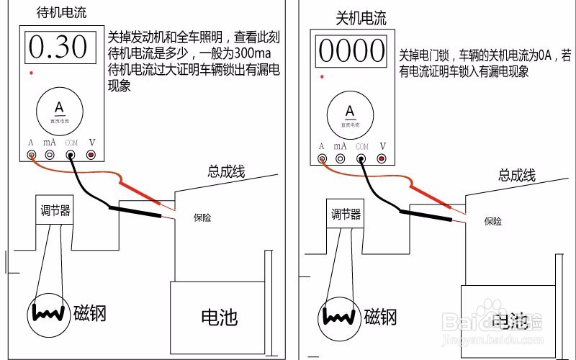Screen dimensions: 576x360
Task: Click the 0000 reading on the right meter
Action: click(352, 51)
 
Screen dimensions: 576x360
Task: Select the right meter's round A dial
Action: click(351, 114)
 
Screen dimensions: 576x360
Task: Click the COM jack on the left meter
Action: click(71, 154)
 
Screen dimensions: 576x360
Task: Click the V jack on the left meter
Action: click(91, 154)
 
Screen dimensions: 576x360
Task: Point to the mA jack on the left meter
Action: click(50, 154)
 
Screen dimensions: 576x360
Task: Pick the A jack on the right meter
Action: click(322, 158)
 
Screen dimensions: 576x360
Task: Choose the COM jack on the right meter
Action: click(361, 158)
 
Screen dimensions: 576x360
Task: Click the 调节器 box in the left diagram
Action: click(55, 211)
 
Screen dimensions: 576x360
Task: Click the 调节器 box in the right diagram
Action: click(346, 215)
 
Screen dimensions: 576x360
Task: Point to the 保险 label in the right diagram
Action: click(493, 221)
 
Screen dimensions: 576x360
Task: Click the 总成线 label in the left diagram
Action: click(227, 171)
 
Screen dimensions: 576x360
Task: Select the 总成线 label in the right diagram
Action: click(517, 176)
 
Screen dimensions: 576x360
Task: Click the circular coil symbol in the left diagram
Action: click(49, 313)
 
